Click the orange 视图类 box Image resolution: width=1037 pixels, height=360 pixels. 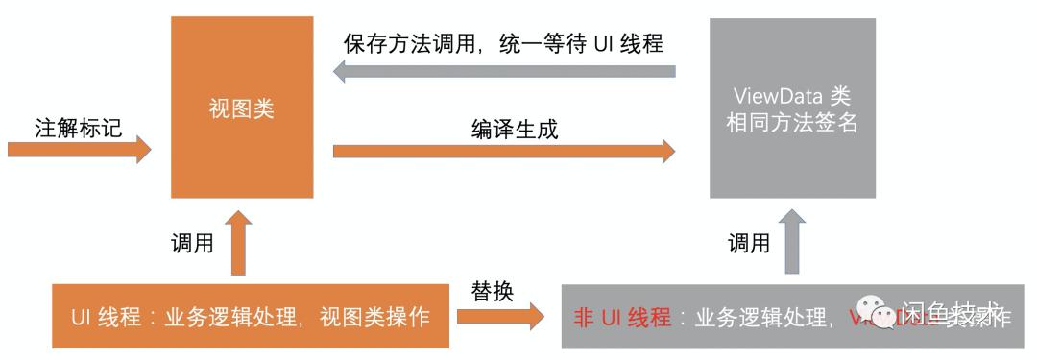pyautogui.click(x=242, y=108)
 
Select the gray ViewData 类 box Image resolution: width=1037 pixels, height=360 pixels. pyautogui.click(x=792, y=108)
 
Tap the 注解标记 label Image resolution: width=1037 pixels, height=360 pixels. pyautogui.click(x=79, y=127)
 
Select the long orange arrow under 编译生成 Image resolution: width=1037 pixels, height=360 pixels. pyautogui.click(x=504, y=151)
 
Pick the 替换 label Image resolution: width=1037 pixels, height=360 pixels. pyautogui.click(x=492, y=291)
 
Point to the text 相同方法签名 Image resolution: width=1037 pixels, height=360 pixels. pyautogui.click(x=792, y=123)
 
